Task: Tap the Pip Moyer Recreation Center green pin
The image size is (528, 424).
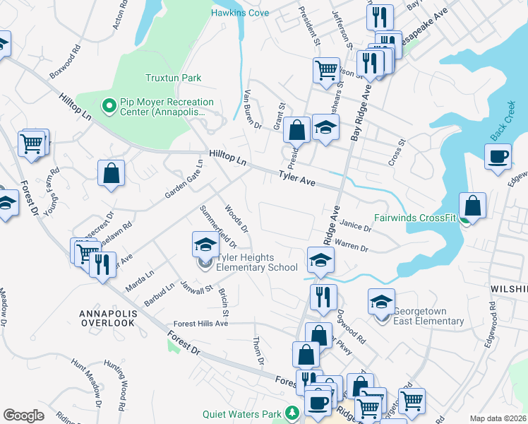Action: tap(109, 106)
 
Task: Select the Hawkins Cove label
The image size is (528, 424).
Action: tap(239, 13)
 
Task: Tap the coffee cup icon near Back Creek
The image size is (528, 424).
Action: tap(498, 156)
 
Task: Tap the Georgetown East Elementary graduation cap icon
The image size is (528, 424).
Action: tap(381, 301)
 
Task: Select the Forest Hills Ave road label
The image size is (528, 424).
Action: tap(201, 324)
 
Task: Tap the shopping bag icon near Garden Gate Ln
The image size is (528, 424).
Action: tap(112, 173)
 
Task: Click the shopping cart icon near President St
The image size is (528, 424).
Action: tap(325, 69)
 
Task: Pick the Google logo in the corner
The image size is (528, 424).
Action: tap(23, 416)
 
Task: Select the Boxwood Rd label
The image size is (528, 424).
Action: tap(65, 63)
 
